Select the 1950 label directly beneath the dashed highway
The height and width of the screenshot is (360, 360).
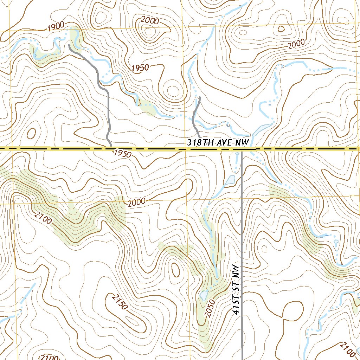coord(122,154)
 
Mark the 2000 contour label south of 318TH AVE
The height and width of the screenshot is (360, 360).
coord(136,203)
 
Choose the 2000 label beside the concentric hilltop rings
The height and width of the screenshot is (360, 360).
coord(150,21)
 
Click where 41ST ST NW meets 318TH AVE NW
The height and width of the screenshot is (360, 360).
coord(242,150)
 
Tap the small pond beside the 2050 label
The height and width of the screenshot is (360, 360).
coord(203,295)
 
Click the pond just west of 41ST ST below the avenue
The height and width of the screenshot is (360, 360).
coord(231,180)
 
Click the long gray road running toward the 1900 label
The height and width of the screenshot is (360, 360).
coord(102,88)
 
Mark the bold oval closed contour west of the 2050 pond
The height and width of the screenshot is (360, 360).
coord(175,270)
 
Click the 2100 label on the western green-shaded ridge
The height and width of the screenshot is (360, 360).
coord(43,218)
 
